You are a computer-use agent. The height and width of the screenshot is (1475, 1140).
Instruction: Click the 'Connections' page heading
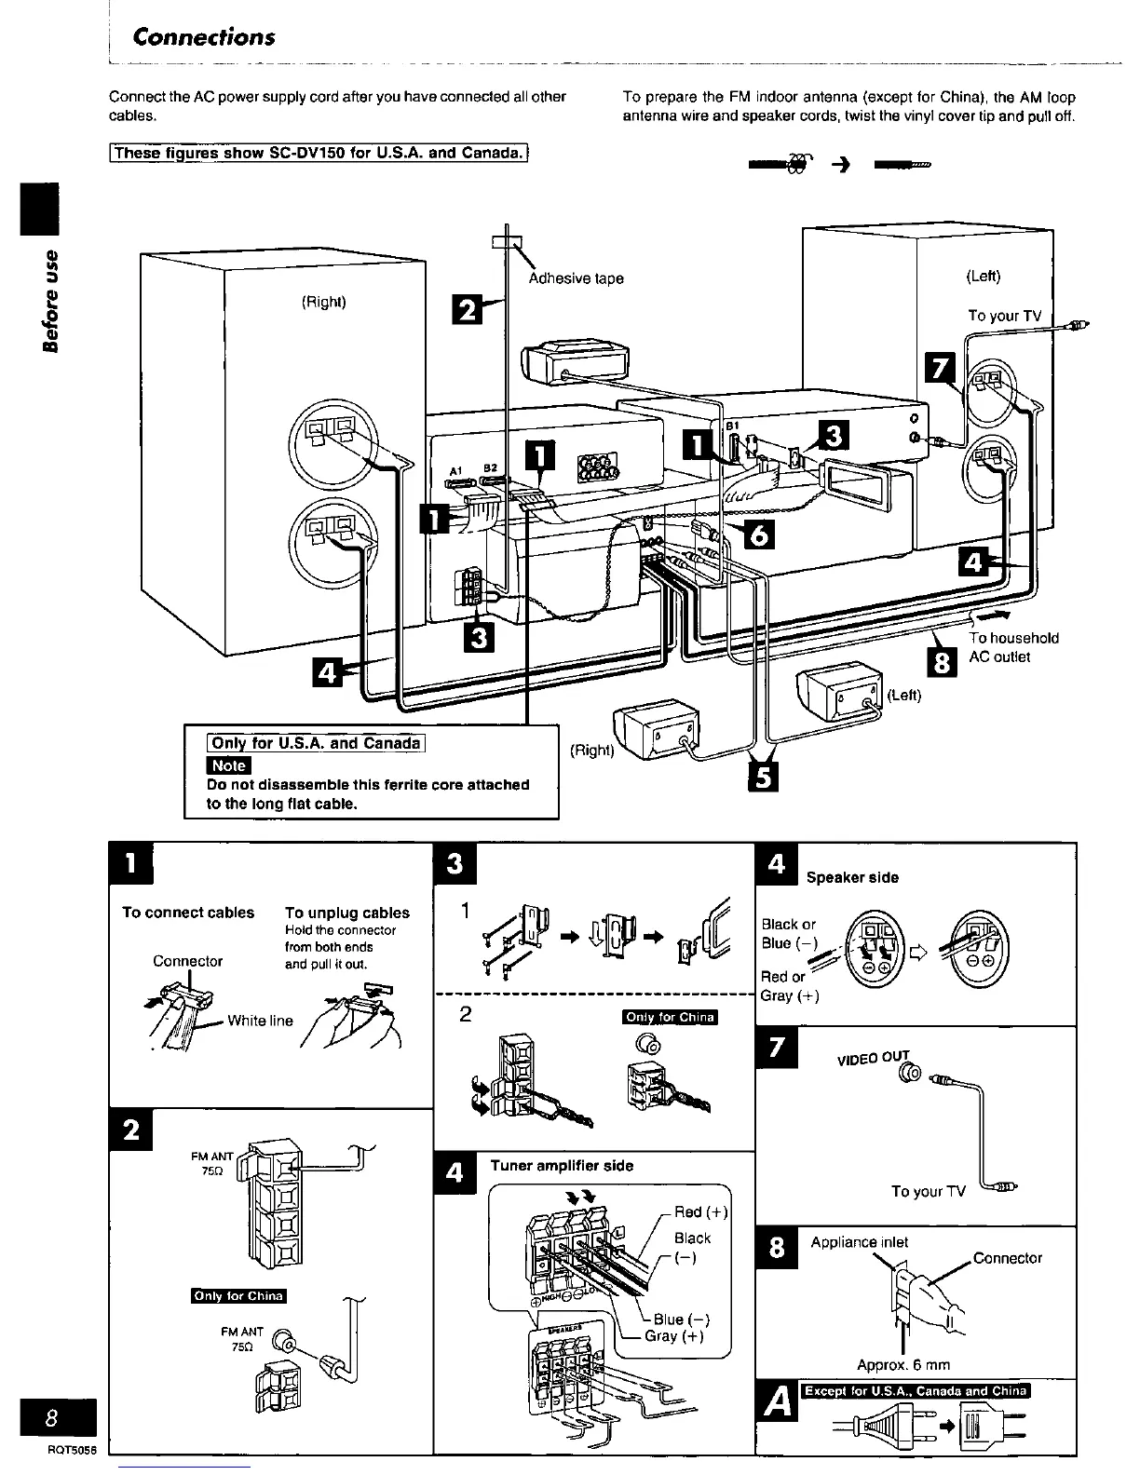(204, 37)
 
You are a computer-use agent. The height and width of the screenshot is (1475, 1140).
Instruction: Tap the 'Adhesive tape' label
(576, 278)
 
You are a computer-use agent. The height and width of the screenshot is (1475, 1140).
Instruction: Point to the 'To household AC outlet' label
(1013, 647)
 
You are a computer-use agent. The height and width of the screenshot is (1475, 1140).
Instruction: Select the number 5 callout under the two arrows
(762, 779)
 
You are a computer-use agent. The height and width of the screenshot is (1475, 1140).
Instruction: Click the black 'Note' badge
(228, 765)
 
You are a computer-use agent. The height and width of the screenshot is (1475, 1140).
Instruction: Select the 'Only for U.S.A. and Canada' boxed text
(317, 743)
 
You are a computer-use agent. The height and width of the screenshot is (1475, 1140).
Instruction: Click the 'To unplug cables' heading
(346, 913)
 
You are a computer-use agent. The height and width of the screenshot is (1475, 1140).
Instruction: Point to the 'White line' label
(260, 1021)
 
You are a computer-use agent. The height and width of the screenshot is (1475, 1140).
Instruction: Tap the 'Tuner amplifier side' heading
(562, 1166)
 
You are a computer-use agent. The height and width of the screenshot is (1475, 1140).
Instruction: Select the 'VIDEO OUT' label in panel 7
(872, 1060)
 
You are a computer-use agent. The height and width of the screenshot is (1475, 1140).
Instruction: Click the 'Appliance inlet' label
(859, 1242)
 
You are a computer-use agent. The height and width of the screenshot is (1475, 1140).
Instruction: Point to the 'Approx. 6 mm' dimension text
(902, 1365)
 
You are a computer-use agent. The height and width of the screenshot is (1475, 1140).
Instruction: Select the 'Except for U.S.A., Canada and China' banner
(916, 1391)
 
